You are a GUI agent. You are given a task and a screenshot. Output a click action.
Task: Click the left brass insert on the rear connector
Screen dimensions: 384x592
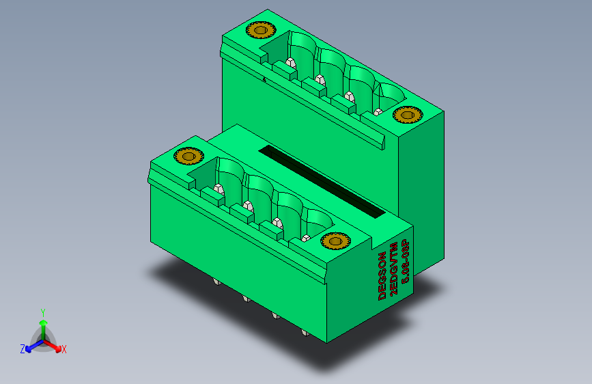[x=260, y=30]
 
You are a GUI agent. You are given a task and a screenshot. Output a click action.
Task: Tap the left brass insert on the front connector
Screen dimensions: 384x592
[x=188, y=156]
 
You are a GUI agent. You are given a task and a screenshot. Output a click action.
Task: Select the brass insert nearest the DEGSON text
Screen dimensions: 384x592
[x=335, y=241]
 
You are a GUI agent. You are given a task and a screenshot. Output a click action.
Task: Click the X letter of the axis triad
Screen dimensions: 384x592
[x=64, y=350]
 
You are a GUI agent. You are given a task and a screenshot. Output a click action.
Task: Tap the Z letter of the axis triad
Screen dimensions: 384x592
[x=23, y=349]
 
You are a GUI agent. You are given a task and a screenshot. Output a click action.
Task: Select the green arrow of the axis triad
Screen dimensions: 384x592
[x=43, y=326]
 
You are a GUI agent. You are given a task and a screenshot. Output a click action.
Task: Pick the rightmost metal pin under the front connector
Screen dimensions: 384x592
[x=304, y=333]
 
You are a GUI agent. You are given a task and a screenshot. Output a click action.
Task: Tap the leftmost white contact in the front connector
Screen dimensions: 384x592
[x=219, y=189]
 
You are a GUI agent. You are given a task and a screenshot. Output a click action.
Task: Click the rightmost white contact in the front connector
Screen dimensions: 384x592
[x=307, y=238]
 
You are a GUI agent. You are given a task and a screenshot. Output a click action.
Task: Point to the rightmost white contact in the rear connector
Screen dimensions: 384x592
[x=378, y=111]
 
